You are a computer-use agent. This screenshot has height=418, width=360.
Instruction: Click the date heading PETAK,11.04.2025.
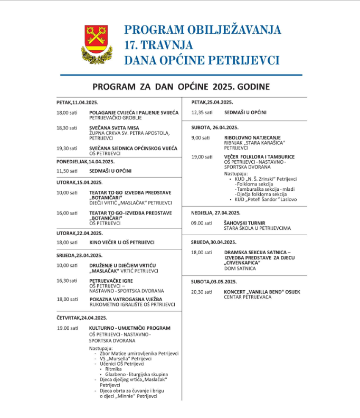click(78, 102)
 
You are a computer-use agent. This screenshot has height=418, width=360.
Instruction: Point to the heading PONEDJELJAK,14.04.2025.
click(86, 161)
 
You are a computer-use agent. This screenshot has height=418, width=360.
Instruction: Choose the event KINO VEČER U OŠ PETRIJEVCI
click(121, 242)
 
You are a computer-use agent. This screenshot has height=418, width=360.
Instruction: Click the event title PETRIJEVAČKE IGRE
click(111, 280)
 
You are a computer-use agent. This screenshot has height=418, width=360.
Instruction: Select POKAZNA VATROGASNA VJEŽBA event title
click(125, 299)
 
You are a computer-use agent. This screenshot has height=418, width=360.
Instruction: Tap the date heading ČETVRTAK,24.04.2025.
click(82, 318)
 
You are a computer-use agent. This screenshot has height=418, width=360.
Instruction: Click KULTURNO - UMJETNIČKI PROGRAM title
click(130, 328)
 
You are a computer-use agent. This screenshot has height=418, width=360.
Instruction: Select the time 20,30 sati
click(202, 292)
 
